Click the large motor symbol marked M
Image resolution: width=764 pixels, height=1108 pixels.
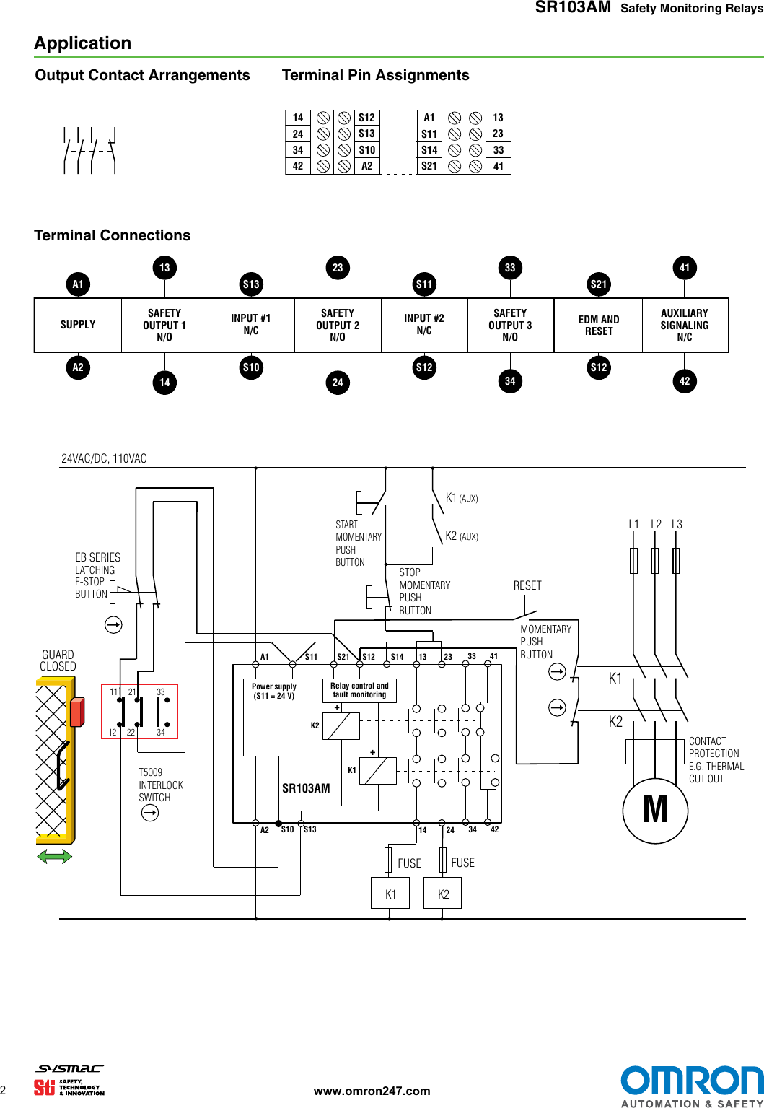click(x=655, y=810)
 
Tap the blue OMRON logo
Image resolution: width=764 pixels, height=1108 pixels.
click(x=691, y=1081)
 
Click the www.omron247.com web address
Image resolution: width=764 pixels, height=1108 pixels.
click(x=372, y=1091)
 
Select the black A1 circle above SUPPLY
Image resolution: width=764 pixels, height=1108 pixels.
click(x=78, y=284)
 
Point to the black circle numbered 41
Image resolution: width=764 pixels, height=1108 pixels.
click(x=685, y=268)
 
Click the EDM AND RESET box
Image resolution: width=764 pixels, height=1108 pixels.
click(x=598, y=326)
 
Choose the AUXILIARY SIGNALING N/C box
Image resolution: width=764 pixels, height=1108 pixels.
click(x=685, y=326)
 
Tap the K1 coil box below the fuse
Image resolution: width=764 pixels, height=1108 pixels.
click(x=390, y=894)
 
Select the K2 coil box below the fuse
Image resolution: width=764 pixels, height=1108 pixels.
click(x=443, y=894)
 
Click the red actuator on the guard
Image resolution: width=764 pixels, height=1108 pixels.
click(x=76, y=712)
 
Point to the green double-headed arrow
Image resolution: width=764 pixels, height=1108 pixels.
click(x=55, y=857)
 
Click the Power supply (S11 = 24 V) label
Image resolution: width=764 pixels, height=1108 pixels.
click(x=274, y=692)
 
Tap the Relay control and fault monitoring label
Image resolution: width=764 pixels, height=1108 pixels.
click(x=359, y=691)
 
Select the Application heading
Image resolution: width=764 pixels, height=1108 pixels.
click(x=83, y=43)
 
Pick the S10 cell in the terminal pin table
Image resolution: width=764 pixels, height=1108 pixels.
click(x=366, y=150)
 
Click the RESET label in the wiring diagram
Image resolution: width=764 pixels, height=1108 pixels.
click(x=527, y=585)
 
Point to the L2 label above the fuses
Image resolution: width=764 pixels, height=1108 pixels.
click(x=656, y=525)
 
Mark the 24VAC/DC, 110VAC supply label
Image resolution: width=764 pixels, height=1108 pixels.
click(x=104, y=458)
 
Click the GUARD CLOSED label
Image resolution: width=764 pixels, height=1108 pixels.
click(x=58, y=660)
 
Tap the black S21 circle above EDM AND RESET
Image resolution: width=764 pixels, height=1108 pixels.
click(x=599, y=284)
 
